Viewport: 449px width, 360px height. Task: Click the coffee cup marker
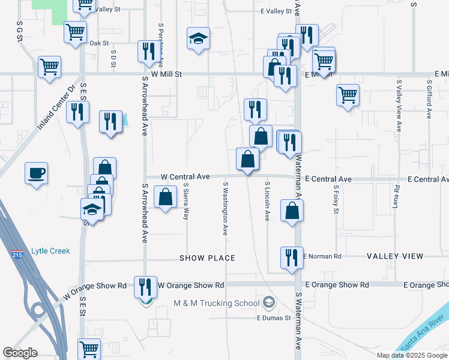[x=36, y=173]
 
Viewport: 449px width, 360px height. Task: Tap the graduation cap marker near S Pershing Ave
[x=198, y=39]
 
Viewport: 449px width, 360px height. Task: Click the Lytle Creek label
[x=50, y=251]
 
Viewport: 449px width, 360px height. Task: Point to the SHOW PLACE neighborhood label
[x=207, y=257]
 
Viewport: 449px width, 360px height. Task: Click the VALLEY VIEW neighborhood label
[x=395, y=256]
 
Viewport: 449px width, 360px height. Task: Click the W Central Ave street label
[x=186, y=177]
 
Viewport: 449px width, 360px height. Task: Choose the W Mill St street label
[x=166, y=74]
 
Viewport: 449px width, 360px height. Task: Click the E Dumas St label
[x=274, y=318]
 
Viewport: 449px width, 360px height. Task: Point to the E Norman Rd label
[x=323, y=256]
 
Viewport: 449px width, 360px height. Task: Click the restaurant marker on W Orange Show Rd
[x=144, y=287]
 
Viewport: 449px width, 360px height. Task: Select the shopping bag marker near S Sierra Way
[x=165, y=197]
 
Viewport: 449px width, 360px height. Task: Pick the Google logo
[x=20, y=353]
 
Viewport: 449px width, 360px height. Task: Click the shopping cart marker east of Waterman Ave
[x=348, y=95]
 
